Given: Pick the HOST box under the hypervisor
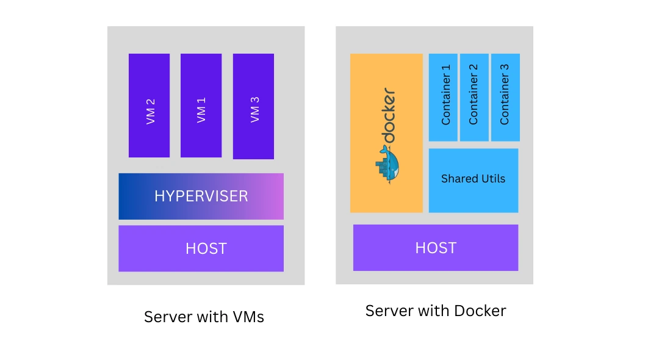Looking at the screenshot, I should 201,248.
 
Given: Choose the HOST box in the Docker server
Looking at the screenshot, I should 435,248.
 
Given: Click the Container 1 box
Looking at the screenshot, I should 443,97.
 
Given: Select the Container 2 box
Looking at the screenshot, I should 474,97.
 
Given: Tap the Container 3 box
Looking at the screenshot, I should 505,97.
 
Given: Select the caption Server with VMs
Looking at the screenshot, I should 204,317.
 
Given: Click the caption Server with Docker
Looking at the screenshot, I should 435,311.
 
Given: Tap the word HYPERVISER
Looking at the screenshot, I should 201,196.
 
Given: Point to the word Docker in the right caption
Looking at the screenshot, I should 479,311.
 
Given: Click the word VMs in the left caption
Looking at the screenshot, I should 248,317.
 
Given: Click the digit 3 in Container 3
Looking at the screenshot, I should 505,77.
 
